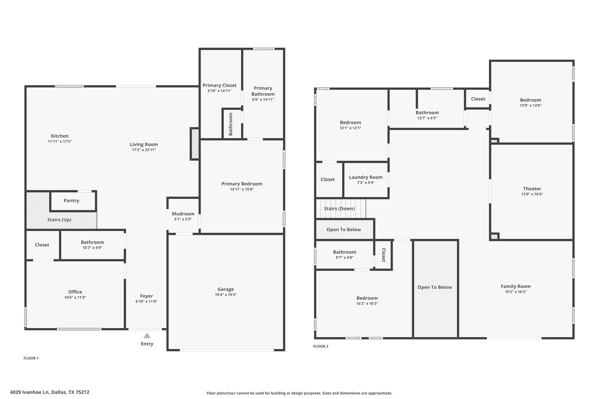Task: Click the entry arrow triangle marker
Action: (147, 336)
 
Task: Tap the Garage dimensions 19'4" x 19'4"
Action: (226, 295)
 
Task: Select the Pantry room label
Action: (71, 201)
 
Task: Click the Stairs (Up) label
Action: (59, 220)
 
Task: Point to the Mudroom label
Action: (183, 214)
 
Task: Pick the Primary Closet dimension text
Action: (219, 91)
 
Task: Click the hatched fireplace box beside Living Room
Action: (195, 144)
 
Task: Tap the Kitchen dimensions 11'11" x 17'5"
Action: (60, 141)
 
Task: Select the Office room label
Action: (75, 292)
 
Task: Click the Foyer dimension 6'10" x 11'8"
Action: (146, 301)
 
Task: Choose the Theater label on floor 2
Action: (532, 189)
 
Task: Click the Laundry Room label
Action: (366, 177)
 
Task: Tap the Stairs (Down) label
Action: (339, 208)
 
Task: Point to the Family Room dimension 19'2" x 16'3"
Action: (515, 292)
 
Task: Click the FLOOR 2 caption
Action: (321, 346)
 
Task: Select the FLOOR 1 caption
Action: (31, 358)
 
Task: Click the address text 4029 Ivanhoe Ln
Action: (29, 392)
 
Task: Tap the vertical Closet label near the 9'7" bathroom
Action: (383, 255)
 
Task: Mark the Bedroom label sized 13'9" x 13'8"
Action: (530, 100)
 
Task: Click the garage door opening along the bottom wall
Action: (227, 350)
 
